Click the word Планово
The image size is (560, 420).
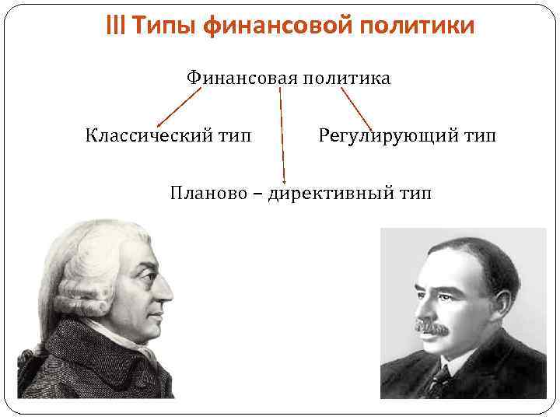(x=206, y=192)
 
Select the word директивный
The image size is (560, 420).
(x=334, y=192)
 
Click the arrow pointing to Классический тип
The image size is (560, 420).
(x=178, y=107)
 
